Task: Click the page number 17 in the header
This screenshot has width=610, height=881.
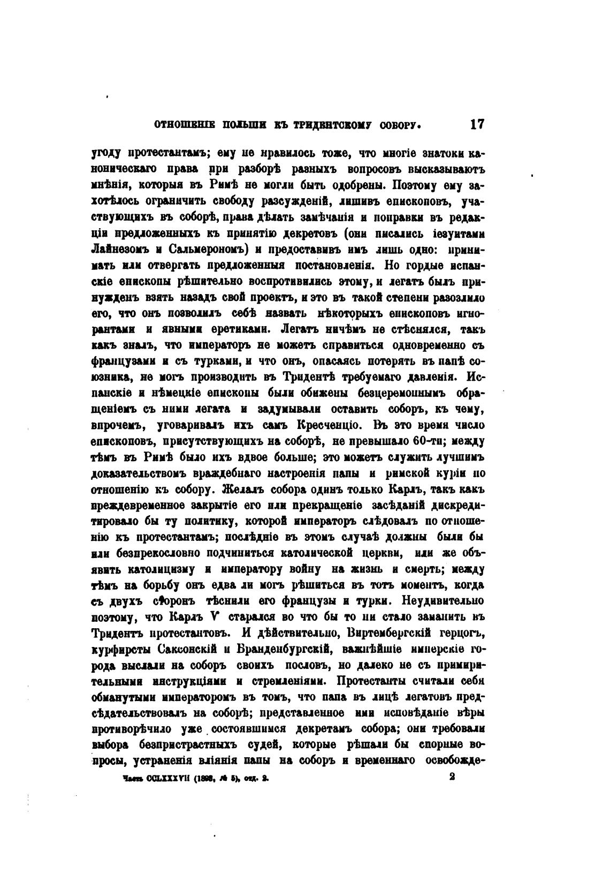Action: pyautogui.click(x=477, y=125)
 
